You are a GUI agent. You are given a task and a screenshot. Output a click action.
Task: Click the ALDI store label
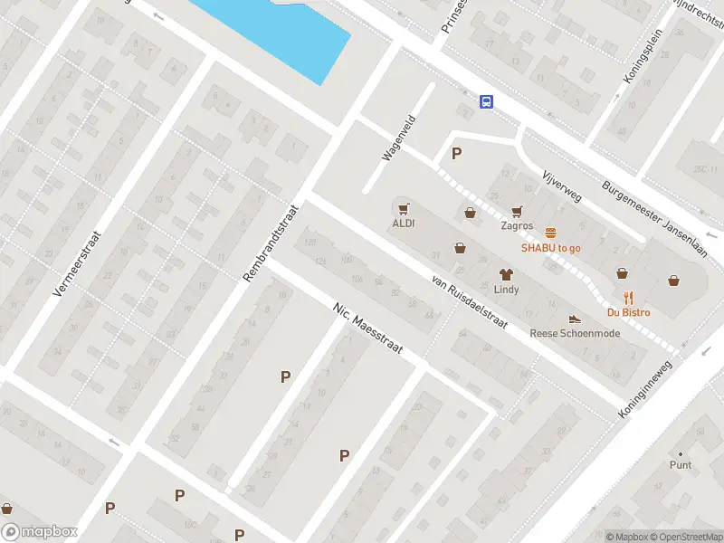tap(403, 224)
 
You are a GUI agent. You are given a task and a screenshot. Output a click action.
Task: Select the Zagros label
tap(517, 226)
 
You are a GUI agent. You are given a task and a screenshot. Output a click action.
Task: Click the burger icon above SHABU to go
tap(550, 233)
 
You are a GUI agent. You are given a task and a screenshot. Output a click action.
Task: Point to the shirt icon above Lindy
tap(506, 274)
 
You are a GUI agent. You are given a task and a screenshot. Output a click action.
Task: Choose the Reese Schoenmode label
tap(575, 332)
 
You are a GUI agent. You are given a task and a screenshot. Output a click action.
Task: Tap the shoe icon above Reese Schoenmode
tap(574, 318)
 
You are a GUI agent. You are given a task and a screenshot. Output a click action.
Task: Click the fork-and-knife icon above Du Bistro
tap(628, 298)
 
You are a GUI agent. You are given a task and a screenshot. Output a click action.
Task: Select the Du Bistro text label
tap(628, 312)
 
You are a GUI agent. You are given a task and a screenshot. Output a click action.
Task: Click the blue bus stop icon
tap(487, 101)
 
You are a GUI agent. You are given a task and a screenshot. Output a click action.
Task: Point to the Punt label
tap(681, 465)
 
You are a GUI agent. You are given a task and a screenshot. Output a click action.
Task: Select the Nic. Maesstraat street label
tap(366, 328)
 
